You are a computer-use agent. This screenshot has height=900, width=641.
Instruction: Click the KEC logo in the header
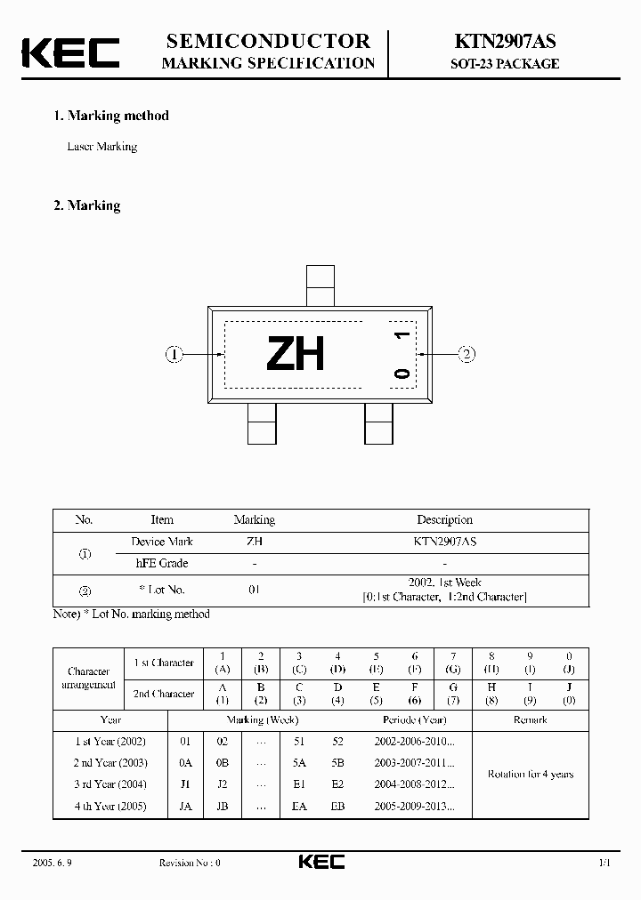point(70,52)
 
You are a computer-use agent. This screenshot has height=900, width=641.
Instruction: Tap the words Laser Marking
point(102,147)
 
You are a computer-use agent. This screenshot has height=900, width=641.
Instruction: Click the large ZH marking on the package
point(296,354)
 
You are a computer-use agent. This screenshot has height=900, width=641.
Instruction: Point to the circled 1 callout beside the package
point(174,354)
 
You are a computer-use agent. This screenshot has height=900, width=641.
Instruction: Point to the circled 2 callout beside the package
point(467,354)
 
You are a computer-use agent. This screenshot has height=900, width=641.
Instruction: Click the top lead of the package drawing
point(320,285)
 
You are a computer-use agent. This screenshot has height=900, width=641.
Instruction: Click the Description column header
point(444,520)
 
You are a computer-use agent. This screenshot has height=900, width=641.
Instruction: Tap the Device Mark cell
point(161,542)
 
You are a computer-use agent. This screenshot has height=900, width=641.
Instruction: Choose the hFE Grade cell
point(161,563)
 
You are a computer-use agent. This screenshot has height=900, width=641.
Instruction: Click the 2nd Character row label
point(164,694)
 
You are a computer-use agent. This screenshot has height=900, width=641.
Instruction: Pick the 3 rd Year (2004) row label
point(110,784)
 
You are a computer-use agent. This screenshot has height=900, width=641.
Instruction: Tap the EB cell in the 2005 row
point(337,807)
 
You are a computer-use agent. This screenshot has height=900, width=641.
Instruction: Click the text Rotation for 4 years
point(530,774)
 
